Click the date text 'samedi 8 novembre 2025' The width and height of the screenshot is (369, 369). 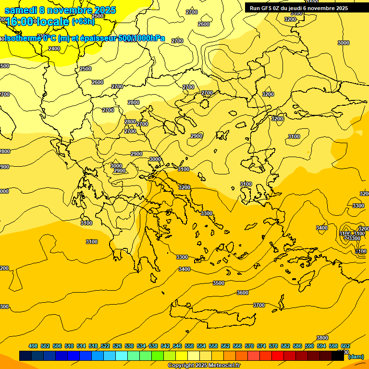(60, 11)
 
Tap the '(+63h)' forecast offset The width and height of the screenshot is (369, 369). (83, 22)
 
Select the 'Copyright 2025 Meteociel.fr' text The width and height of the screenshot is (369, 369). (204, 365)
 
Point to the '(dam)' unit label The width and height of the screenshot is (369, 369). (356, 357)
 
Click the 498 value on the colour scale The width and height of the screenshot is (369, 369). (33, 346)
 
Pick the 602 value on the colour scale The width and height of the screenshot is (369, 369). (345, 346)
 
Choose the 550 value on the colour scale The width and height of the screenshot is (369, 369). (189, 346)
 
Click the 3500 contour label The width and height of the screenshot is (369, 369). (219, 283)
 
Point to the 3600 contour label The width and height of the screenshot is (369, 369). (243, 293)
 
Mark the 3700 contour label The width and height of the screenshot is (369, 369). (259, 305)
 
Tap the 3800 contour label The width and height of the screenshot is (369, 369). (322, 338)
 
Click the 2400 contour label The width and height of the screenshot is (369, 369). (54, 49)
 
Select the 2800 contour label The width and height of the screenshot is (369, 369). (134, 102)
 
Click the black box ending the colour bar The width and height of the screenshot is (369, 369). (338, 356)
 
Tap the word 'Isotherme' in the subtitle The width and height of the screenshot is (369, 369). (22, 38)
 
